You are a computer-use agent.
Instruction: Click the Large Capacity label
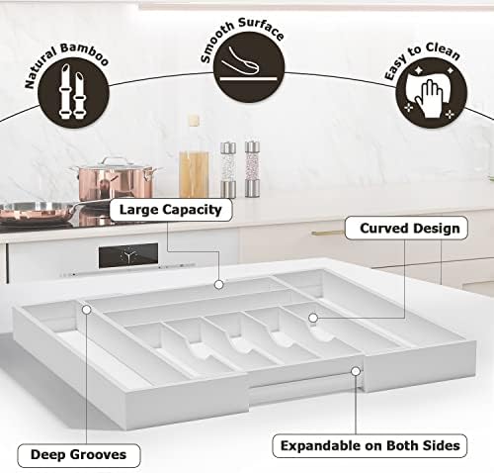pyautogui.click(x=171, y=210)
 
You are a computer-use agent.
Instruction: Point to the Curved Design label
pyautogui.click(x=406, y=228)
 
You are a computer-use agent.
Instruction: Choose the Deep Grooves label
pyautogui.click(x=79, y=455)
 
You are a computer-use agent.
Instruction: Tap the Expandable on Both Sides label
pyautogui.click(x=370, y=446)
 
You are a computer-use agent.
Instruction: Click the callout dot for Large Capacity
pyautogui.click(x=219, y=284)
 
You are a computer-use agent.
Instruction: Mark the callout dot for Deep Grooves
pyautogui.click(x=87, y=310)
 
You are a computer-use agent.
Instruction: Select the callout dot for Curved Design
pyautogui.click(x=313, y=318)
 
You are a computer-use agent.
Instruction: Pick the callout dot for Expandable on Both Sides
pyautogui.click(x=356, y=371)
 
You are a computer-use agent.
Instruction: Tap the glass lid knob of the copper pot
pyautogui.click(x=113, y=160)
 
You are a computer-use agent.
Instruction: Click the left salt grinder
pyautogui.click(x=228, y=169)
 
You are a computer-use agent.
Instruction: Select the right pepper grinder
pyautogui.click(x=252, y=169)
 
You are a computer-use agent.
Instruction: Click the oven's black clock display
pyautogui.click(x=128, y=255)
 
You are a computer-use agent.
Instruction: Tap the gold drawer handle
pyautogui.click(x=328, y=233)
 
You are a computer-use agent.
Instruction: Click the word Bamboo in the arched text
pyautogui.click(x=84, y=53)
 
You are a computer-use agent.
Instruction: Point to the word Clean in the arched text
pyautogui.click(x=443, y=51)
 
